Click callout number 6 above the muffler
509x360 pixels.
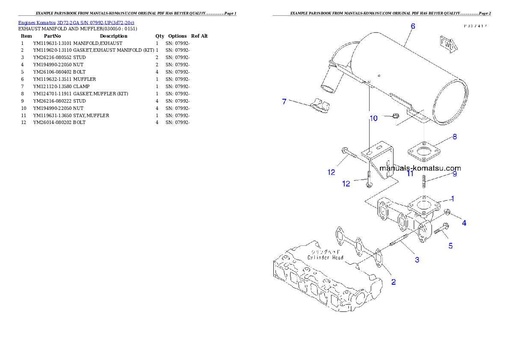413,26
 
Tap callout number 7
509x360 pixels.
284,101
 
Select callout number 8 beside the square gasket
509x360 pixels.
455,137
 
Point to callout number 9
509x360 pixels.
455,174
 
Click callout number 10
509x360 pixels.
373,118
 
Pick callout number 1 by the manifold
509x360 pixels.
453,198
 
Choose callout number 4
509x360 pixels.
464,223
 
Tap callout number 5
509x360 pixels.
450,245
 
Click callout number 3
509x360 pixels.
417,259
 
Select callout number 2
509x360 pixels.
394,282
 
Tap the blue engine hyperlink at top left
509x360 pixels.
76,22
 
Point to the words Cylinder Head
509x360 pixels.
326,257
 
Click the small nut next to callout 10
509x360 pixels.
396,115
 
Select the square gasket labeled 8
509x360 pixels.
423,152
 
